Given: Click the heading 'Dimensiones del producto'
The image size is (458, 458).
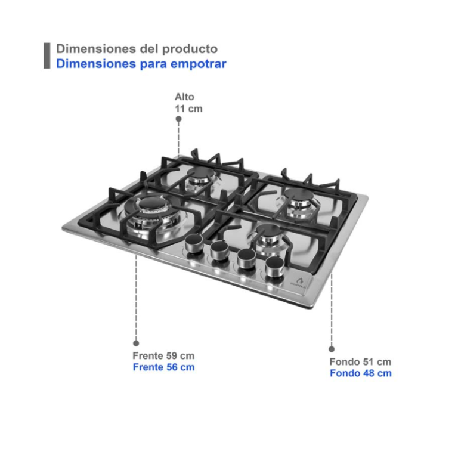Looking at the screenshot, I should (137, 49).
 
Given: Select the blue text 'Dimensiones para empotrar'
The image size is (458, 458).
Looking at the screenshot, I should (141, 64).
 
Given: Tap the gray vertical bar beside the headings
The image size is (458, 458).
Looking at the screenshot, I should (47, 55).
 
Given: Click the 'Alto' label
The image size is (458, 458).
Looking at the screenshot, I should (184, 97).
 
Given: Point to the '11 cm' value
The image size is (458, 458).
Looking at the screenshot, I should (188, 109).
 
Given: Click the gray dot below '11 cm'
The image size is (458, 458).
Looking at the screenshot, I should (178, 119).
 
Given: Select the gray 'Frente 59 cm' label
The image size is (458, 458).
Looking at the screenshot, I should (163, 356).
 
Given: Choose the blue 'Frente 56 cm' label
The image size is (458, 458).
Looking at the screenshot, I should (163, 367).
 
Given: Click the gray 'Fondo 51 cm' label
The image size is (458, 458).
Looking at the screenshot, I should (360, 362).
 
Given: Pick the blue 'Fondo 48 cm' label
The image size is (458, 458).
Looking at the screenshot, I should (360, 373).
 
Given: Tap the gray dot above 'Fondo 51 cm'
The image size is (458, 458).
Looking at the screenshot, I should (332, 349).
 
